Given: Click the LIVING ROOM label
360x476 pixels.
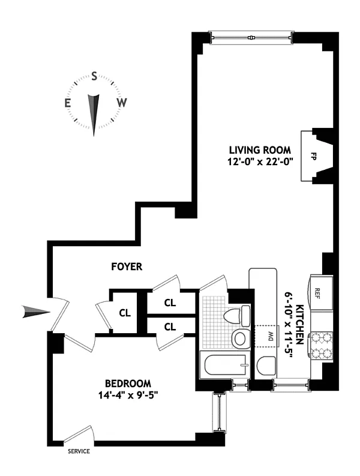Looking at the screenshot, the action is tap(260, 149).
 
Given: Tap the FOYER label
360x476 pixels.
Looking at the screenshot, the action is tap(126, 267).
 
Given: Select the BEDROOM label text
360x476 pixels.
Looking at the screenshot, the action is tap(128, 384).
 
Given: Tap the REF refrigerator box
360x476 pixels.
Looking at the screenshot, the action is tap(318, 292).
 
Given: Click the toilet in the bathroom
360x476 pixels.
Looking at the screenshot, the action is tap(239, 315).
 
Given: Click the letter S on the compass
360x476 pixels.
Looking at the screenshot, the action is tap(94, 76).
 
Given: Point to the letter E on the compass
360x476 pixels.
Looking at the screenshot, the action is tap(68, 103).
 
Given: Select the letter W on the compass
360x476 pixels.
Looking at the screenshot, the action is tap(122, 103).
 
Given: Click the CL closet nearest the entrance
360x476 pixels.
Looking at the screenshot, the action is tap(124, 312).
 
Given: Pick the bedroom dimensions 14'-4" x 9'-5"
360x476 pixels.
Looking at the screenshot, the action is tap(128, 395).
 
